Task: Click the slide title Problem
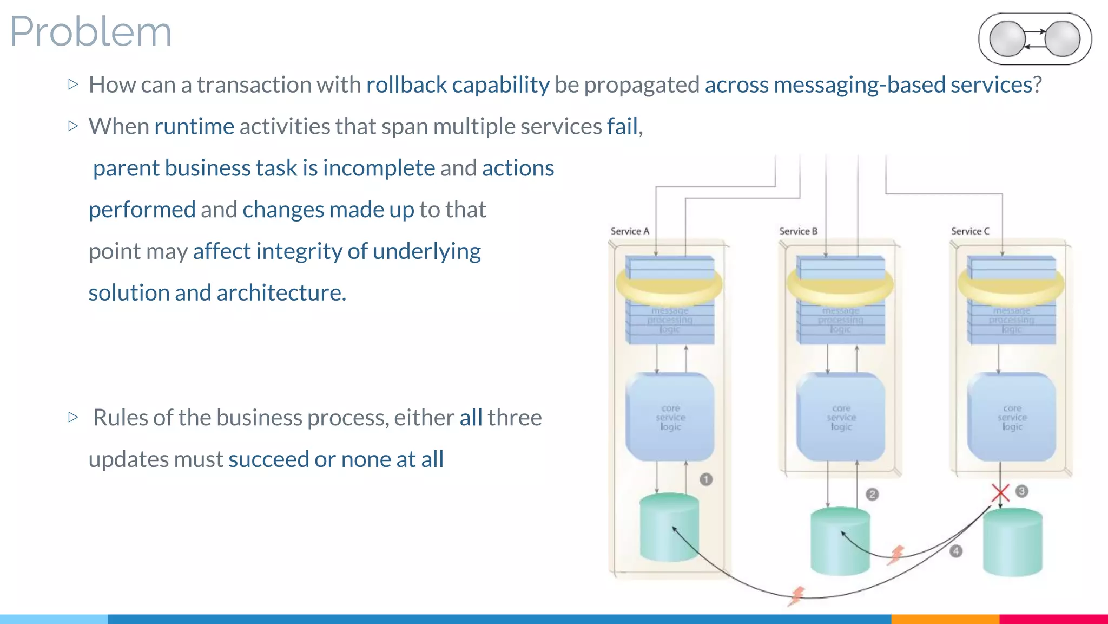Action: pos(91,31)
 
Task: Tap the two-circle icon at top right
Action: pos(1034,39)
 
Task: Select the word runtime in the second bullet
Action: pos(194,126)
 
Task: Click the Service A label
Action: pos(630,231)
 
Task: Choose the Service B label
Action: pos(798,231)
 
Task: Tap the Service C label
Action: pos(970,231)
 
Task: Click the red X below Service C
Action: pos(1000,493)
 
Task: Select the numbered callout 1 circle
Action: pos(706,479)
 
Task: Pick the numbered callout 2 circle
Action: pos(872,494)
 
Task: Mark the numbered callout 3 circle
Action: pos(1021,491)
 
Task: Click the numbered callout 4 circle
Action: pos(956,551)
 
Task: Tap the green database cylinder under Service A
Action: pos(669,528)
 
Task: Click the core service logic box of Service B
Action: pos(841,417)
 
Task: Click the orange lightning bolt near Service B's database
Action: pos(896,555)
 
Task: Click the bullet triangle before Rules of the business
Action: pos(74,417)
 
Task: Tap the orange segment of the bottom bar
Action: pos(945,619)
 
